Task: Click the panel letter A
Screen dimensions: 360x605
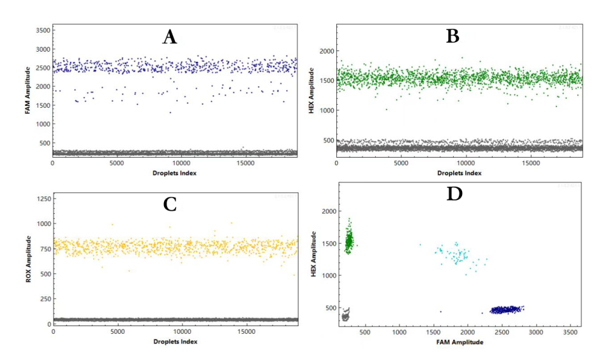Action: click(169, 37)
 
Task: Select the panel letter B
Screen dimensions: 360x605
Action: click(452, 36)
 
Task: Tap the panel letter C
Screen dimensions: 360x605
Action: click(170, 204)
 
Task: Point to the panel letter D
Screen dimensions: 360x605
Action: click(454, 194)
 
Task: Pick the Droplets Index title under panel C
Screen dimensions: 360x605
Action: click(175, 341)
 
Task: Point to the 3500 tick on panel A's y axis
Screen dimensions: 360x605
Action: click(41, 30)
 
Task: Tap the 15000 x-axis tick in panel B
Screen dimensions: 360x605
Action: click(531, 163)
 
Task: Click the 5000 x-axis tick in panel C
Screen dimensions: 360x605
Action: click(117, 332)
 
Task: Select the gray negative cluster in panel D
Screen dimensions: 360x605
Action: click(346, 315)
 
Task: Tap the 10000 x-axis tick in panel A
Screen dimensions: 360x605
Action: click(181, 163)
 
